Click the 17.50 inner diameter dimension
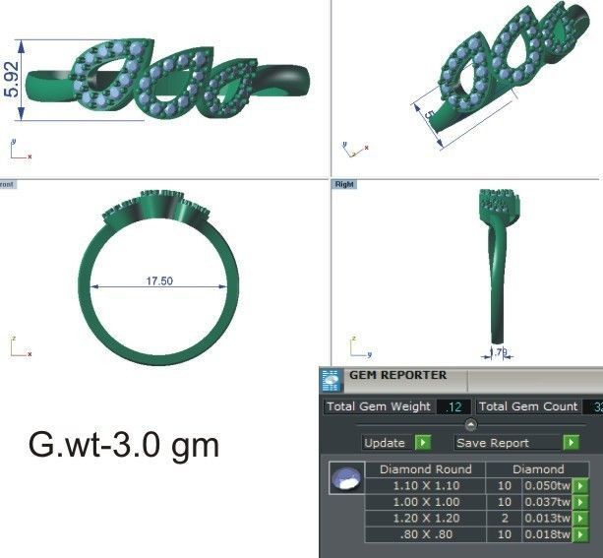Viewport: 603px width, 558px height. [x=159, y=281]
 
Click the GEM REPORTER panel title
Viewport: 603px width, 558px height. [x=397, y=375]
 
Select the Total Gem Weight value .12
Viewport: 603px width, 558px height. [x=453, y=406]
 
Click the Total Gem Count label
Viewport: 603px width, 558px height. [x=528, y=406]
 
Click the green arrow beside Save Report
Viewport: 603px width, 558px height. [x=571, y=443]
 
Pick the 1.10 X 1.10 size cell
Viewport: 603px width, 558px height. [x=426, y=486]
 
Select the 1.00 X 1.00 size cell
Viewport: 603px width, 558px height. [x=426, y=503]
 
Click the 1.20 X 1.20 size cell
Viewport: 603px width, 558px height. [x=426, y=519]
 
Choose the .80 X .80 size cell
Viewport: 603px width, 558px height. [x=426, y=534]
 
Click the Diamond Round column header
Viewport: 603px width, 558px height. [x=426, y=469]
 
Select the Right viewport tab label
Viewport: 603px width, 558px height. [x=344, y=184]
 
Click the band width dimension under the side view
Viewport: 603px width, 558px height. [x=499, y=351]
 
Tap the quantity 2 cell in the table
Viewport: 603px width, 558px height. [x=504, y=519]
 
